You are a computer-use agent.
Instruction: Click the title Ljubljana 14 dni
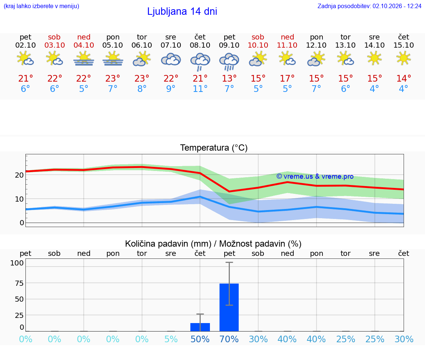click(x=182, y=11)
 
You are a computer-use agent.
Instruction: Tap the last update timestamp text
click(x=369, y=6)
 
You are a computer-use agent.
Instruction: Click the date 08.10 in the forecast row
click(x=200, y=45)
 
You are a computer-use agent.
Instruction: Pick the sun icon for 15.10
click(x=403, y=58)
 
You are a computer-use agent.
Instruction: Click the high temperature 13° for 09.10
click(x=229, y=78)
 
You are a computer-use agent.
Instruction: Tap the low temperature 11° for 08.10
click(x=200, y=89)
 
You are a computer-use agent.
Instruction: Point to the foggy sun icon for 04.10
click(x=83, y=59)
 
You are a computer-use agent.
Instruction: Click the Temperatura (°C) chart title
click(x=214, y=148)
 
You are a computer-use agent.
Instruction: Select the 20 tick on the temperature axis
click(x=19, y=175)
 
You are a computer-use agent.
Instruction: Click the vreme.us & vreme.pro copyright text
click(x=315, y=176)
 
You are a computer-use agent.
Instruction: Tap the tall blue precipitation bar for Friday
click(x=229, y=307)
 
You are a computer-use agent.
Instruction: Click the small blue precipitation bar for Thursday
click(x=200, y=327)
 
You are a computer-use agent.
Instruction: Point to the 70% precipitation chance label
click(x=229, y=339)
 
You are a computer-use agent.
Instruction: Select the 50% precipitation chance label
click(x=200, y=339)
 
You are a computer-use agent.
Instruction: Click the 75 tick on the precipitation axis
click(x=19, y=283)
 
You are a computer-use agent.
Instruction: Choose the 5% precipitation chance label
click(x=171, y=339)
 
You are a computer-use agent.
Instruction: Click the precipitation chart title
click(x=213, y=244)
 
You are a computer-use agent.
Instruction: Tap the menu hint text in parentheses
click(x=41, y=6)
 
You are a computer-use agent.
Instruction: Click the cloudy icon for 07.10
click(x=171, y=59)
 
